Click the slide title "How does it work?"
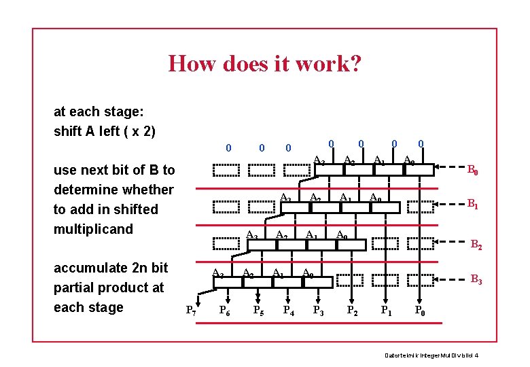point(264,64)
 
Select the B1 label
point(472,203)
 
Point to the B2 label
point(476,245)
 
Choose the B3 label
point(476,279)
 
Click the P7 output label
point(192,311)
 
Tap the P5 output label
point(258,311)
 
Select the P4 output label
point(289,311)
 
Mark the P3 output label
point(318,311)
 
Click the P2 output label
point(353,311)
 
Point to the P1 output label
point(386,311)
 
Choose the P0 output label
point(421,311)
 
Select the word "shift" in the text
point(67,131)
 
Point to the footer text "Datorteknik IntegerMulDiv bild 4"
point(431,355)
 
